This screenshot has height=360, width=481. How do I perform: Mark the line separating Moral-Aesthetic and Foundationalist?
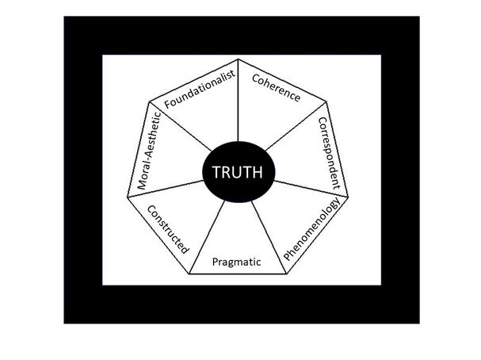coord(184,126)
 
